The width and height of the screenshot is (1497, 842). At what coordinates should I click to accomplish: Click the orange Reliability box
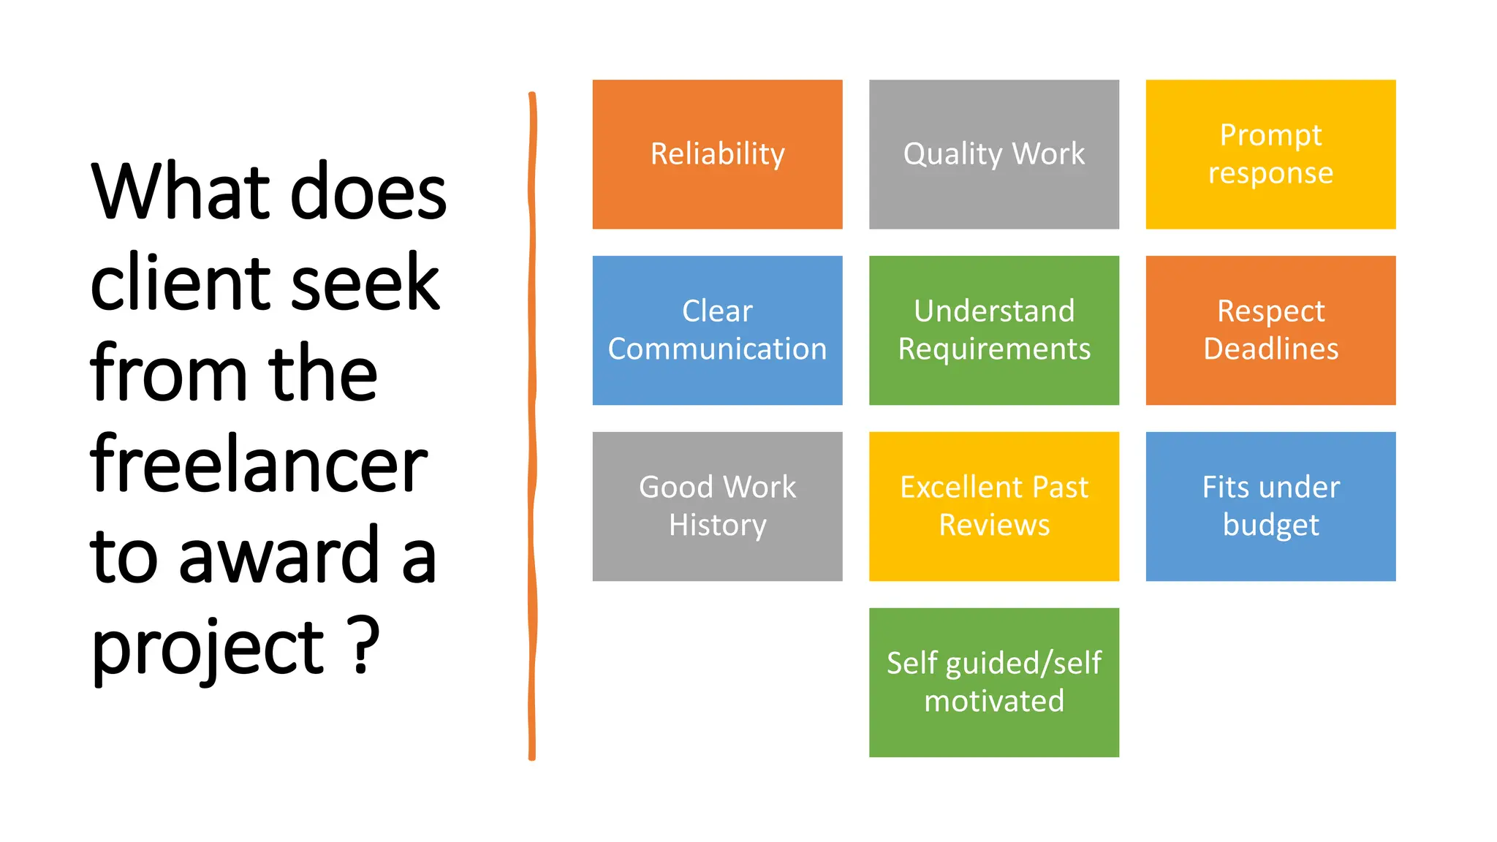click(x=717, y=154)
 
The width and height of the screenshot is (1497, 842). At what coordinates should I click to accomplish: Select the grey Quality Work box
click(x=993, y=154)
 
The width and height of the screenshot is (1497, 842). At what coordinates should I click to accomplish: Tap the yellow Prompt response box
click(x=1270, y=154)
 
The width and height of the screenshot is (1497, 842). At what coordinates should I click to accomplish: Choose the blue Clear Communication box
click(x=717, y=330)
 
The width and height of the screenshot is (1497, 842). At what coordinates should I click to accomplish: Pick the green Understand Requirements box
click(x=993, y=330)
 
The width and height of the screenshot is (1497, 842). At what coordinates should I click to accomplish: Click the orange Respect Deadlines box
click(x=1270, y=330)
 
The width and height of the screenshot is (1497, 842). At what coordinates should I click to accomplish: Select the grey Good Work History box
click(x=717, y=507)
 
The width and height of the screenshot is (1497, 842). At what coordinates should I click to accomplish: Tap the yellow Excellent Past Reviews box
click(x=993, y=507)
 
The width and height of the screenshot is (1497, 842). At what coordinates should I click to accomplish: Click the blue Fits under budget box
click(x=1270, y=507)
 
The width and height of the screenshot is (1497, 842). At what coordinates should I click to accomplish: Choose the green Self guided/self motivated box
click(x=993, y=683)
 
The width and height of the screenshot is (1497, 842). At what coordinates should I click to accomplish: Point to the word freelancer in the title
click(x=259, y=465)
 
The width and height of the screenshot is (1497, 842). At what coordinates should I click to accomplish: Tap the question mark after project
click(x=363, y=645)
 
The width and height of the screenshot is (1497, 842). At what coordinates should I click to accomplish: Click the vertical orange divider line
click(x=532, y=424)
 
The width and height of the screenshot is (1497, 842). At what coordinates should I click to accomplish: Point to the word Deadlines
click(x=1270, y=349)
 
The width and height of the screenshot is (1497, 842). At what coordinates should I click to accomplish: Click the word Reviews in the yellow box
click(x=993, y=526)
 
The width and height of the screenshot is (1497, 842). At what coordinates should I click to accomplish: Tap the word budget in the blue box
click(x=1270, y=526)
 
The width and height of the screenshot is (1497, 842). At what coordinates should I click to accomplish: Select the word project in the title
click(x=208, y=649)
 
